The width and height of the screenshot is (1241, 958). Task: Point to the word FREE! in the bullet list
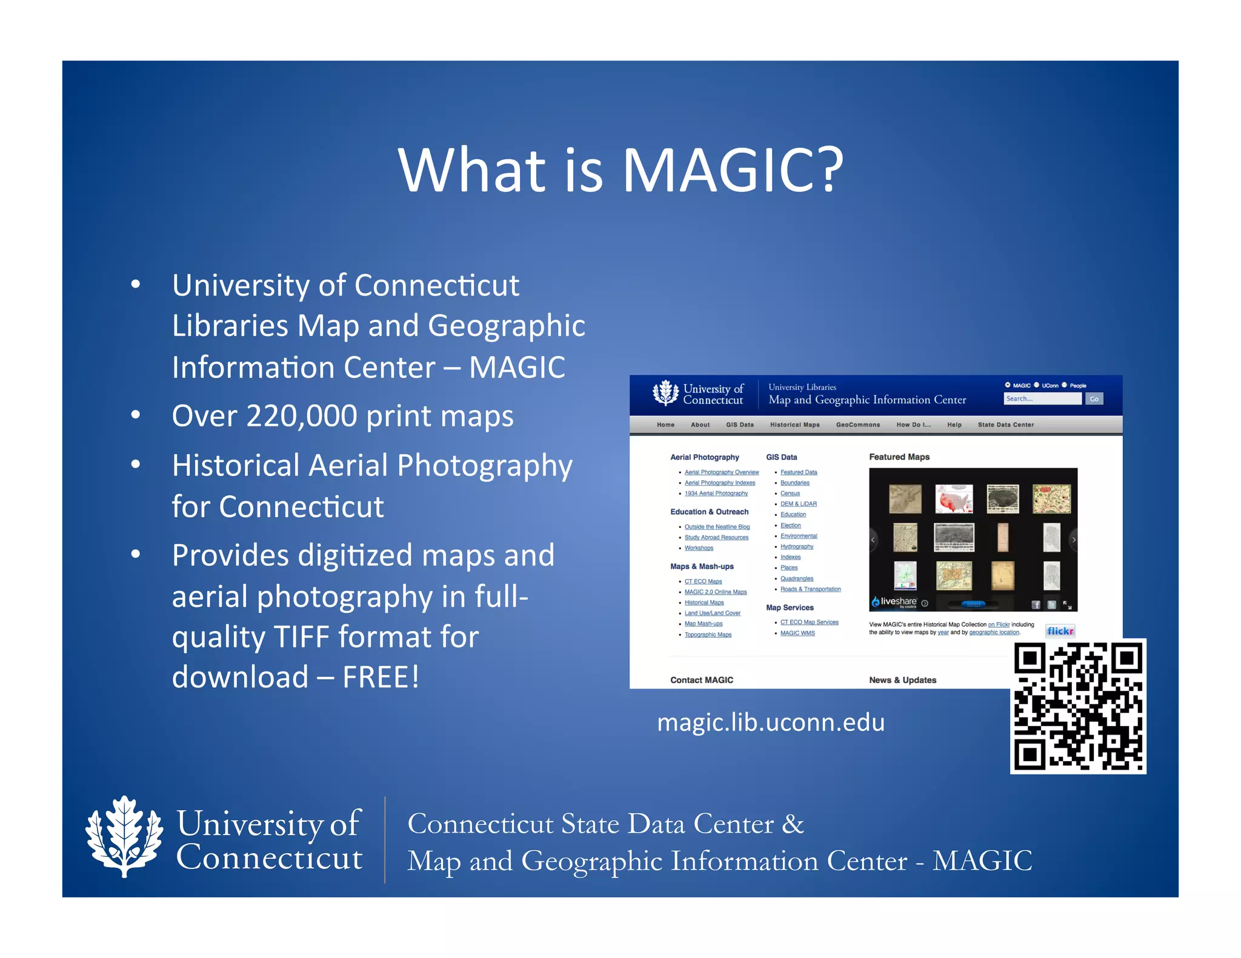coord(381,677)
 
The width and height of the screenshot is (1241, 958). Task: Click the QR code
coord(1078,706)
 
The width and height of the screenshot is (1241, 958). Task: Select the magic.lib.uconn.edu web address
coord(771,722)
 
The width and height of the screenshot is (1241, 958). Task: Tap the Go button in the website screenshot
coord(1094,398)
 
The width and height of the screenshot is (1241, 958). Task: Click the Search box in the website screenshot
coord(1042,398)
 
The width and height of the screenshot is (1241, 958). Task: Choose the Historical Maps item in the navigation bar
coord(794,424)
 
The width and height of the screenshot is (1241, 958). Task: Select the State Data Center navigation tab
coord(1005,424)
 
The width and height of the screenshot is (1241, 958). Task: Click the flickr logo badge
coord(1060,631)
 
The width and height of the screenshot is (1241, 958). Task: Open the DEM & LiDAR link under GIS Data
coord(798,504)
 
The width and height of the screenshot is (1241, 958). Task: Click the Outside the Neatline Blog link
coord(717,527)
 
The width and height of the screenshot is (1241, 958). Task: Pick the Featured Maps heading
coord(899,457)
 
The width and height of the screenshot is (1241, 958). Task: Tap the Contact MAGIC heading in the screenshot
coord(702,680)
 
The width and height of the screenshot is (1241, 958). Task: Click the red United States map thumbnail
coord(954,499)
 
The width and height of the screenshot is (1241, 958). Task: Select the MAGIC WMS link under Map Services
coord(797,633)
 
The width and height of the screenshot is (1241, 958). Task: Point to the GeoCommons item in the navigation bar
coord(857,424)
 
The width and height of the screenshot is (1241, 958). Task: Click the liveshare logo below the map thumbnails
coord(894,602)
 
